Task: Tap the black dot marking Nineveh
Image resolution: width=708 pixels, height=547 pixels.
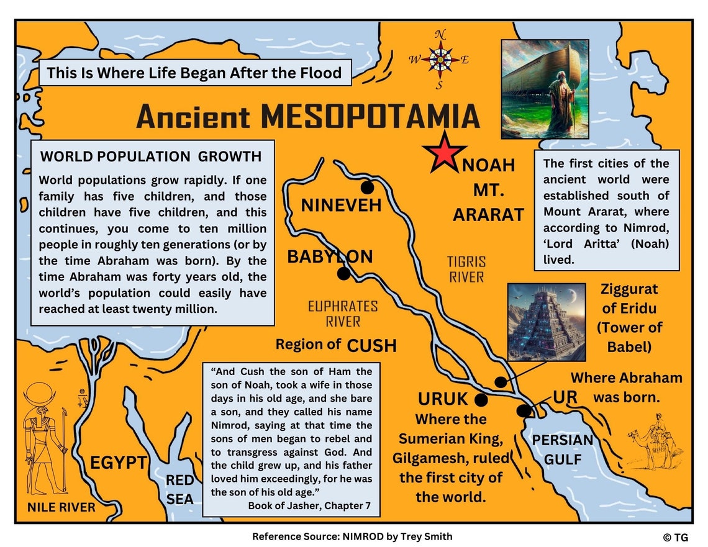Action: [368, 187]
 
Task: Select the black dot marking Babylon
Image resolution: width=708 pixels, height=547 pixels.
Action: [343, 273]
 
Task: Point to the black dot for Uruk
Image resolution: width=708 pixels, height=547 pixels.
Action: [481, 399]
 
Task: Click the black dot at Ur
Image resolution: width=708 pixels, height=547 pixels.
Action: [524, 410]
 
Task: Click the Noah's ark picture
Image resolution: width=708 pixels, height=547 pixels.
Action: [545, 89]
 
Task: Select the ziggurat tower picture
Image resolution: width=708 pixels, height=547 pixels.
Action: [546, 322]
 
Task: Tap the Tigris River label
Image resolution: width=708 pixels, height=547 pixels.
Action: [466, 269]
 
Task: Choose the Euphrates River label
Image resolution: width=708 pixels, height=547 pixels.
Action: [343, 314]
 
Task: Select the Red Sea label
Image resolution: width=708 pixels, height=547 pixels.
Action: [179, 489]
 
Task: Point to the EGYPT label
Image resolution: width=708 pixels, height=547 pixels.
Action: [119, 463]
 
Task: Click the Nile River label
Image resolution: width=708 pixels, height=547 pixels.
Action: [61, 507]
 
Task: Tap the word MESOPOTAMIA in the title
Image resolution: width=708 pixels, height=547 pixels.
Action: [370, 117]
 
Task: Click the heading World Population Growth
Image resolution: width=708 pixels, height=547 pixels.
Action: [151, 156]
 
